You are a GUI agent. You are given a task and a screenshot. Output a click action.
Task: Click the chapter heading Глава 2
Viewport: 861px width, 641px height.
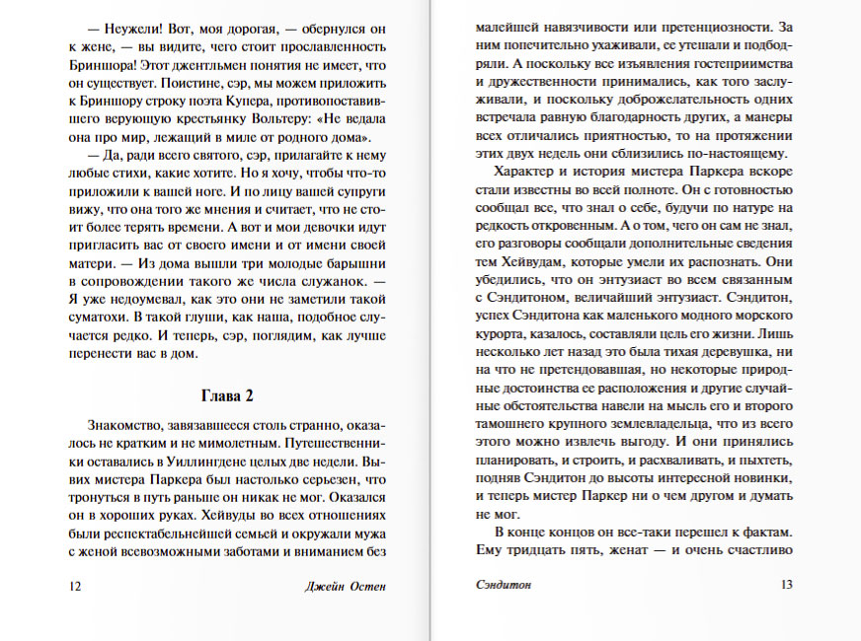click(228, 396)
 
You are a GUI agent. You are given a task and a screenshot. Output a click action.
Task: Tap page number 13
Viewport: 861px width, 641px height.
click(787, 585)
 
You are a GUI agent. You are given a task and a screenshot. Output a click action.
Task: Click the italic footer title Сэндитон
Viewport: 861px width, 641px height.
click(497, 585)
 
